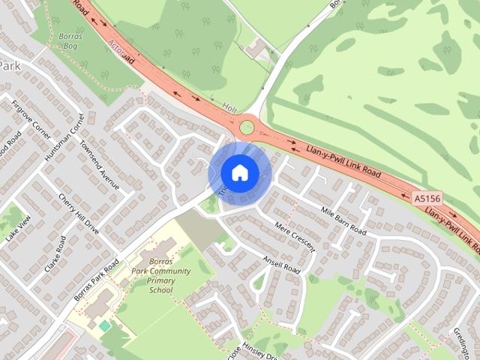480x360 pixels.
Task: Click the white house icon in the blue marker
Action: pos(239,172)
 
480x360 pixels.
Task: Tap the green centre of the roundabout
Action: pos(247,127)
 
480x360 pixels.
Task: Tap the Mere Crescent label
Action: pos(295,237)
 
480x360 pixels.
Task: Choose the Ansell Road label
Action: pos(281,263)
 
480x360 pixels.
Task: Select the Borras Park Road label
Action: pos(97,281)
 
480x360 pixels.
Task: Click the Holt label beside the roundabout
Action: pos(229,109)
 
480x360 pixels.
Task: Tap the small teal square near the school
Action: pos(104,326)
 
